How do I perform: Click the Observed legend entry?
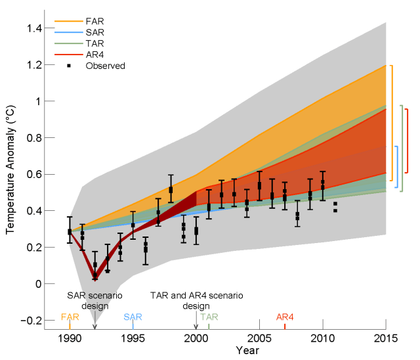tap(105, 66)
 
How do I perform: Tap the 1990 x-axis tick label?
tap(70, 339)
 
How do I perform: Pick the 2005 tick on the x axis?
tap(259, 339)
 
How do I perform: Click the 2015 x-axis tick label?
tap(385, 339)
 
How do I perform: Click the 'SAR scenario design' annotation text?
tap(95, 301)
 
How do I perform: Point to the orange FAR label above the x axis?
tap(70, 317)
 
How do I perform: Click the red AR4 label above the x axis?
tap(285, 317)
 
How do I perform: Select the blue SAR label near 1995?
tap(133, 317)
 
